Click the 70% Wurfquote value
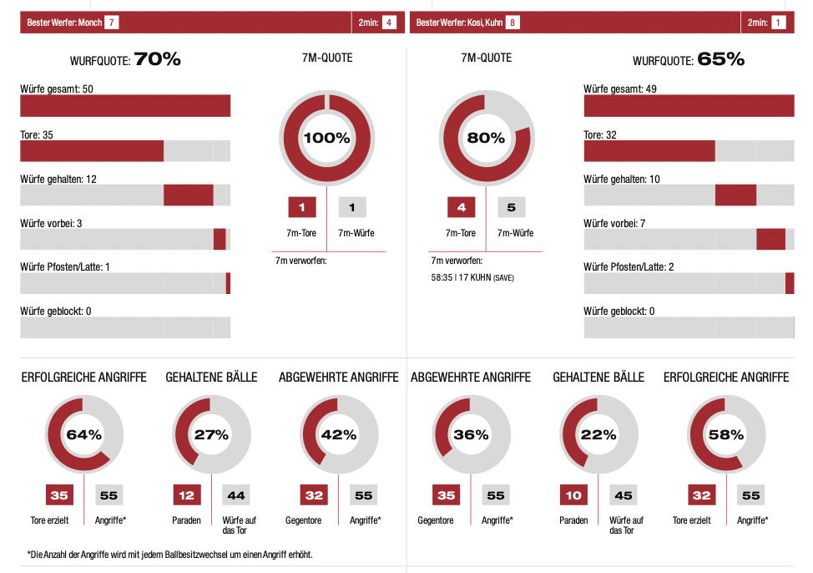pos(157,59)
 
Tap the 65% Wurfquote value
pos(720,59)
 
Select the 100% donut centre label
pos(327,139)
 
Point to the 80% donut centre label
pos(486,139)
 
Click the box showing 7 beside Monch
pos(112,23)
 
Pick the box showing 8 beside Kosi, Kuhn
pos(513,23)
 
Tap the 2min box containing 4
pos(389,23)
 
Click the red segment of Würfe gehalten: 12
pos(189,195)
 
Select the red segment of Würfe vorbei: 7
pos(770,239)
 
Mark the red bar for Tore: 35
pos(92,150)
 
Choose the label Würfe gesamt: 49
pos(621,89)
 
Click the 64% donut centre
pos(83,434)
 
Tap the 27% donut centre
pos(211,434)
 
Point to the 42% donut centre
pos(339,434)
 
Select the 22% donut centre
pos(598,434)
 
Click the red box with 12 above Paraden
pos(186,495)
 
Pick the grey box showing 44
pos(236,495)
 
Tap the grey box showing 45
pos(624,495)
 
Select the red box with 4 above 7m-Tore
pos(461,207)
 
